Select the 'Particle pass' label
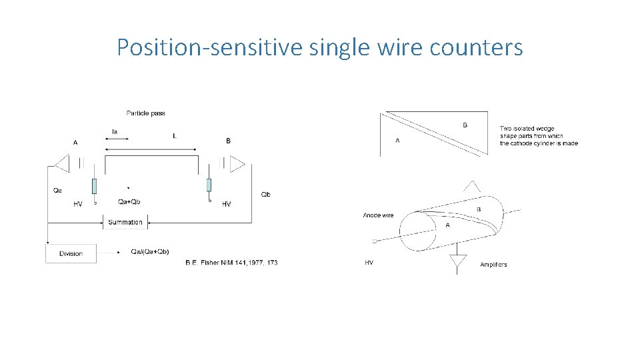click(145, 113)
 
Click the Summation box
click(125, 222)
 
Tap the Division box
click(71, 253)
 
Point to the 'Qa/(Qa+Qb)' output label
click(150, 251)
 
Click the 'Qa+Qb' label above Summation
click(129, 201)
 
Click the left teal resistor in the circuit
click(95, 185)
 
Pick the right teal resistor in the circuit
click(209, 185)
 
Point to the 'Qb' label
click(265, 195)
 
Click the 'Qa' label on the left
click(57, 191)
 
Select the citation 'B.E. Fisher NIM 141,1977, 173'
click(231, 263)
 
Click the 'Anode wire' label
click(378, 215)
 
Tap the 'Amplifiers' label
click(493, 265)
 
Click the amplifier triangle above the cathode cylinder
click(472, 186)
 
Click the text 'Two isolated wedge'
click(527, 129)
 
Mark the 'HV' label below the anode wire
click(369, 263)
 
